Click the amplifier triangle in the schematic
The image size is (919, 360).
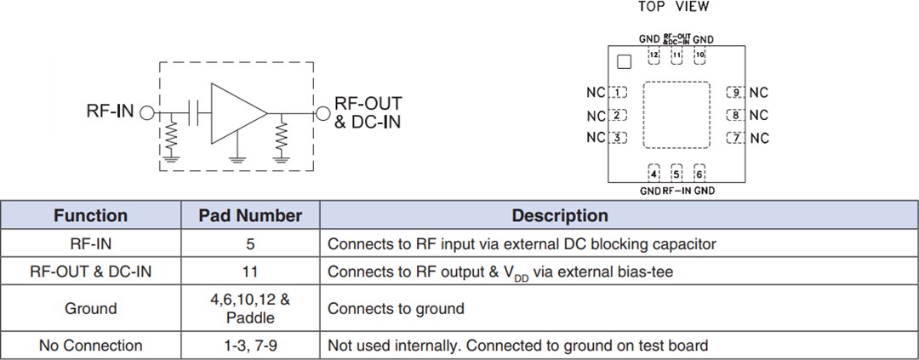pos(236,112)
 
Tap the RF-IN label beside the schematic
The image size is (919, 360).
pos(110,111)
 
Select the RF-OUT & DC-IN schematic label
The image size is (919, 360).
pos(368,112)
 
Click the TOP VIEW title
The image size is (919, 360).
pos(673,7)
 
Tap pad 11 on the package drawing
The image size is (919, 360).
pos(676,56)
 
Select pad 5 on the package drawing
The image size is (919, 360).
pos(676,174)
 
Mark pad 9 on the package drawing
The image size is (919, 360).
pos(735,93)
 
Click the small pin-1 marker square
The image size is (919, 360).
pos(624,61)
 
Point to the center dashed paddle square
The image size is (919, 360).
pos(676,116)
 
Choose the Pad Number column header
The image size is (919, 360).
pos(250,215)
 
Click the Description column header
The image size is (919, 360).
pos(559,215)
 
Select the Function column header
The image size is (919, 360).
pos(90,215)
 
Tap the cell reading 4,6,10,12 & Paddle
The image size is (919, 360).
pos(250,308)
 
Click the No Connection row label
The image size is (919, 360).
pos(90,346)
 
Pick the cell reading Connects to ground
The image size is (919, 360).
pos(396,308)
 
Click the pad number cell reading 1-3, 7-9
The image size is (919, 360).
pos(250,346)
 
